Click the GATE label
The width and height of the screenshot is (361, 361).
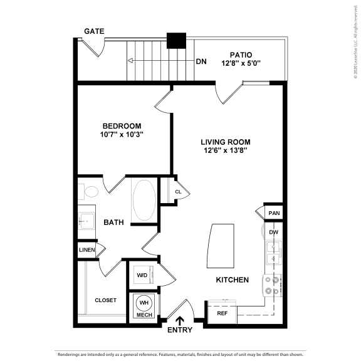95,31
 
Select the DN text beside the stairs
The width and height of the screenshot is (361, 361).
201,61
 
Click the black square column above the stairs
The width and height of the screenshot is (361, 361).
176,40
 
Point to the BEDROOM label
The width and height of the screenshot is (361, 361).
122,125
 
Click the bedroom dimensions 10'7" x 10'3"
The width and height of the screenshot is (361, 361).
122,135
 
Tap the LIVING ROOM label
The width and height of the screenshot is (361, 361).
226,142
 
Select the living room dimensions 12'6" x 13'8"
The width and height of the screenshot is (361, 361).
226,150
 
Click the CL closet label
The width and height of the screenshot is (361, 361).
178,192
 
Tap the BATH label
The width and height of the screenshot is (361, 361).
113,222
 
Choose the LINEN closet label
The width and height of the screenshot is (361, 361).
87,250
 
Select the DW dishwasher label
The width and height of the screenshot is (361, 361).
274,233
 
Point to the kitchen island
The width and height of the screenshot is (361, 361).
218,246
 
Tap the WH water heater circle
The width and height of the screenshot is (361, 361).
144,302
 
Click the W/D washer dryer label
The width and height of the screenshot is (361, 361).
142,274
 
